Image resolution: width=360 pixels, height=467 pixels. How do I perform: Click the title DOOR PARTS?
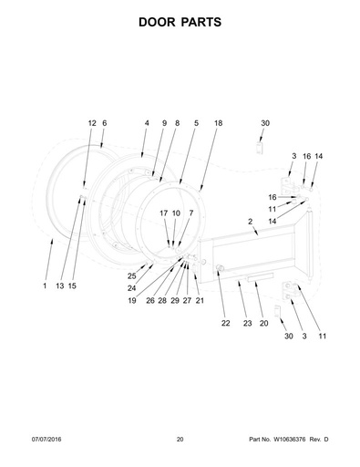(x=180, y=22)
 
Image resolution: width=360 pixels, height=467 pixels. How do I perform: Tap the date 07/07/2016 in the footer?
(x=46, y=440)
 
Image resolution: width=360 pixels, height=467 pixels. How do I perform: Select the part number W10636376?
(x=290, y=440)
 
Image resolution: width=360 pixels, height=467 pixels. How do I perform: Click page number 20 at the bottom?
(x=180, y=440)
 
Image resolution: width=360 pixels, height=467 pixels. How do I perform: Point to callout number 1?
(x=45, y=285)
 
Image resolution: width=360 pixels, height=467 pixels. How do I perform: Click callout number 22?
(x=225, y=323)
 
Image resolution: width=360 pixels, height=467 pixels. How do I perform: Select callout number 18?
(x=218, y=123)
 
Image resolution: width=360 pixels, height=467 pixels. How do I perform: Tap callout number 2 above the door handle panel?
(x=250, y=222)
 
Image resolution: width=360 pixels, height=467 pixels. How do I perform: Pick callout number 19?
(x=132, y=301)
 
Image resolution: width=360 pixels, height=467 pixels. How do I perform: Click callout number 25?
(x=131, y=276)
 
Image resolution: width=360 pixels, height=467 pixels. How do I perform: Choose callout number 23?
(x=248, y=323)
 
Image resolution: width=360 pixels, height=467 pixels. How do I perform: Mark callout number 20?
(x=263, y=323)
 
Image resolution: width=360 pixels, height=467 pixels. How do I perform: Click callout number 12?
(x=92, y=123)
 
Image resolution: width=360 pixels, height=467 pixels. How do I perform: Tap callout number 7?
(x=190, y=213)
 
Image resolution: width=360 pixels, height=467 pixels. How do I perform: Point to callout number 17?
(x=164, y=213)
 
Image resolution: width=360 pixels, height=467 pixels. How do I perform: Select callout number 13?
(x=60, y=285)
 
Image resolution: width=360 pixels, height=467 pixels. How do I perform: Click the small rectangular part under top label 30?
(x=259, y=148)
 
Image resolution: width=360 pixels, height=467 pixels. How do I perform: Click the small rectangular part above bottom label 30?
(x=277, y=311)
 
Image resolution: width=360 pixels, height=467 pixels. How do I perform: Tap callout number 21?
(x=200, y=301)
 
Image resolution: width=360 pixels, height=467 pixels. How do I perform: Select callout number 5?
(x=196, y=123)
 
